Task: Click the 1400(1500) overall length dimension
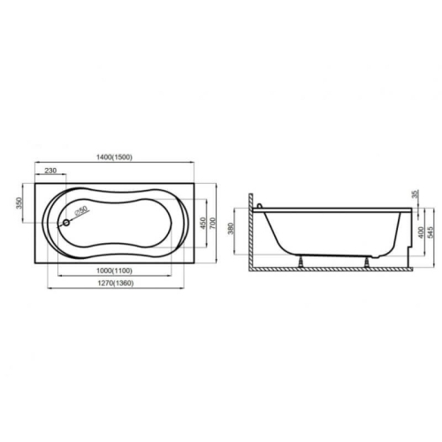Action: point(114,157)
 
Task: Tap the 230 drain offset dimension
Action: point(50,171)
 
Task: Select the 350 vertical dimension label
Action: point(19,202)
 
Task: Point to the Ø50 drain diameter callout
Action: point(80,210)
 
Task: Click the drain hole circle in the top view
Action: point(66,223)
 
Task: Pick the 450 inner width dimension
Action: point(203,224)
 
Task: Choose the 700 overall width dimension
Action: point(213,223)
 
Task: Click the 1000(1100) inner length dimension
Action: point(114,271)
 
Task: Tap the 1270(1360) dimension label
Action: point(116,283)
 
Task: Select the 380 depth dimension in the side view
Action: point(231,229)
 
